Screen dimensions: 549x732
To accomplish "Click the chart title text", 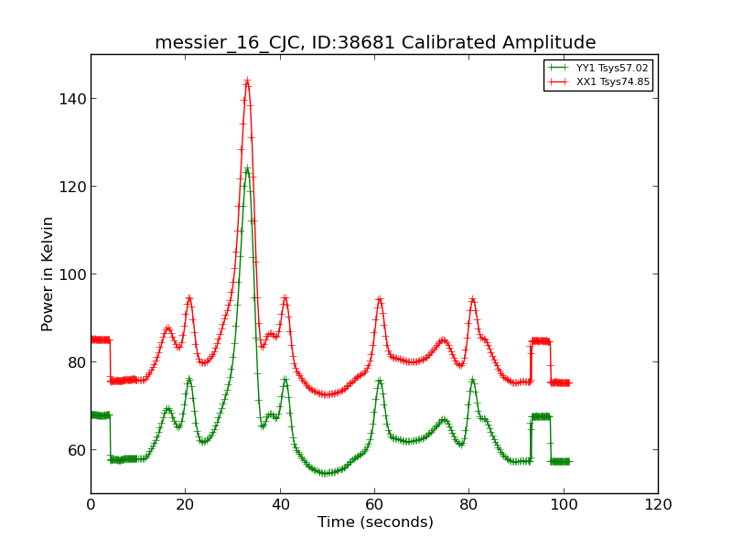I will click(375, 43).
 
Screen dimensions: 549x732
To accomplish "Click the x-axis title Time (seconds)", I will click(375, 522).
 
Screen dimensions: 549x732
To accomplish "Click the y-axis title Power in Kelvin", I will click(48, 274).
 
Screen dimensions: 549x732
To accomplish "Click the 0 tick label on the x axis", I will click(91, 504).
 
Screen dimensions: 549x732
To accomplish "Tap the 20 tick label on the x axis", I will click(185, 504).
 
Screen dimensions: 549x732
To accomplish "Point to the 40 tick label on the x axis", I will click(280, 504).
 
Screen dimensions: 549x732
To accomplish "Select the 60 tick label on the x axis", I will click(374, 504).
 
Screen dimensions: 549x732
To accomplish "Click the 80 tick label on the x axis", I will click(468, 504).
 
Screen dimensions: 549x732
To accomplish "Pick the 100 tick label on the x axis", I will click(564, 504).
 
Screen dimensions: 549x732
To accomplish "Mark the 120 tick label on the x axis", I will click(658, 504).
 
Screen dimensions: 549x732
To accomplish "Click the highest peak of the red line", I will click(247, 81).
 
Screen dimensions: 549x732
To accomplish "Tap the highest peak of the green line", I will click(247, 168).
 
